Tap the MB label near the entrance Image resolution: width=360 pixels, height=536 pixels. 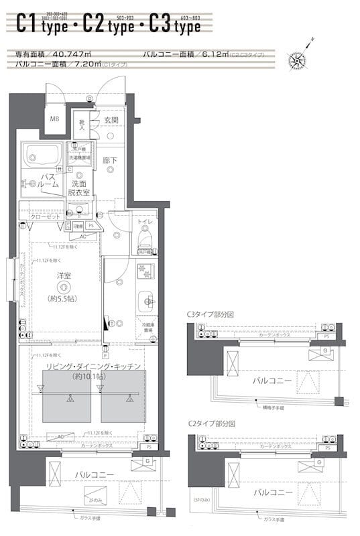[x=54, y=119]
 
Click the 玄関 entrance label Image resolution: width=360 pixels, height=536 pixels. [x=111, y=121]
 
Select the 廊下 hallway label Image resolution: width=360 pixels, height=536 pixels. [x=110, y=161]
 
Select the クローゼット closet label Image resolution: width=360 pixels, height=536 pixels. [x=46, y=217]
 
